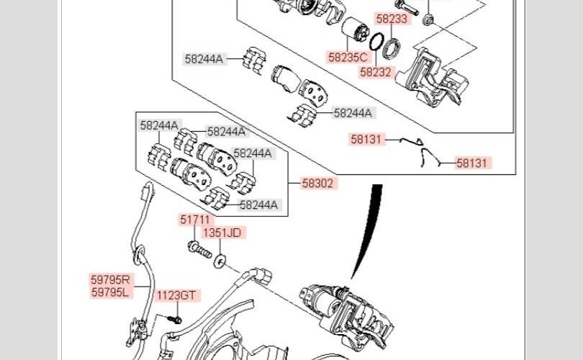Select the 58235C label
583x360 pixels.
(348, 57)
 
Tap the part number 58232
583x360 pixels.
(375, 72)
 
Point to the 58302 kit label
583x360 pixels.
(317, 183)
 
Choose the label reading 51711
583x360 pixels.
(194, 220)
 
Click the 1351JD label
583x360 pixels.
(222, 233)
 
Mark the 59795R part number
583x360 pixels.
(110, 279)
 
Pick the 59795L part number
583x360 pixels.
(110, 292)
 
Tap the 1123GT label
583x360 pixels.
(176, 295)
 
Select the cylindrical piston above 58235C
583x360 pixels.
(354, 31)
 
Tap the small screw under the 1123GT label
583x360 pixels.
(173, 318)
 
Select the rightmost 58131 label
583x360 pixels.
(472, 163)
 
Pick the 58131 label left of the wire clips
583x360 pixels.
(367, 140)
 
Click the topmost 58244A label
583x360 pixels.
(204, 60)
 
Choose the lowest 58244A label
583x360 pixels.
(258, 204)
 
